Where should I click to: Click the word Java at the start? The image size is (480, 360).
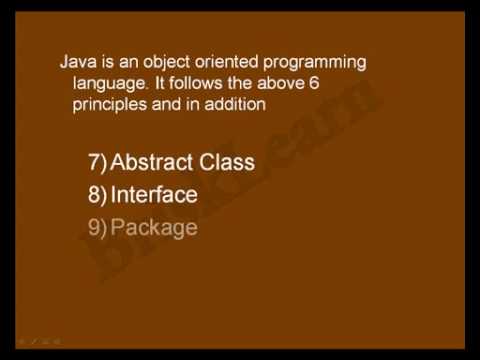point(77,62)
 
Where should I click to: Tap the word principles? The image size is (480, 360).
point(111,103)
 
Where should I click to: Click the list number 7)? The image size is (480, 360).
point(97,162)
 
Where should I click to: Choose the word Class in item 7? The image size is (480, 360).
point(227,162)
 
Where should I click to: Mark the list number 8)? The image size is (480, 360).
point(97,194)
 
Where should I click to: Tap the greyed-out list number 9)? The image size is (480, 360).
point(97,227)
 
